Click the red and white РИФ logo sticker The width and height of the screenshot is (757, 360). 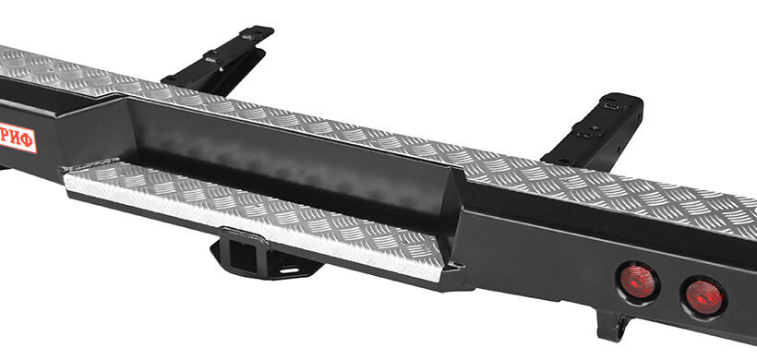pyautogui.click(x=18, y=138)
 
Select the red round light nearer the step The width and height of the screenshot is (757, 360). pyautogui.click(x=637, y=282)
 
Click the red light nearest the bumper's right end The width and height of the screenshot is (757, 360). pyautogui.click(x=704, y=297)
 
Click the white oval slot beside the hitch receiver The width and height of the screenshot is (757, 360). pyautogui.click(x=289, y=270)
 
